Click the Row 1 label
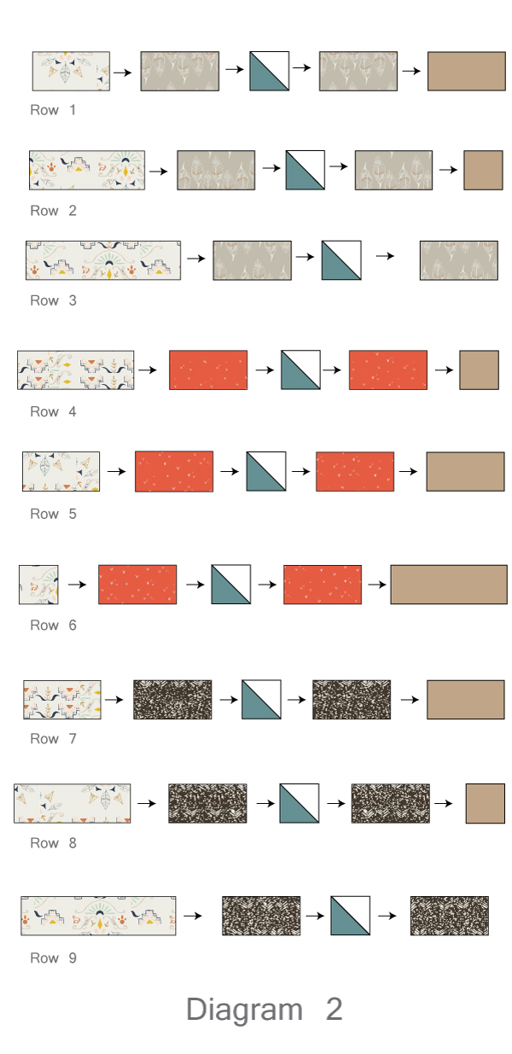53,110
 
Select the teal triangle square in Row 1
270,71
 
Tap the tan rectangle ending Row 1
466,71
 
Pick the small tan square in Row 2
483,170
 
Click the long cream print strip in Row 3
103,260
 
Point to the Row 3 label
53,300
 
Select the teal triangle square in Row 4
300,370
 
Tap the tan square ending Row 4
479,370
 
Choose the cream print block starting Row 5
61,471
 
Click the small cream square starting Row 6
38,585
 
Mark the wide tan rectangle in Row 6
449,585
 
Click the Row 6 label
53,626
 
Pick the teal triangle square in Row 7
262,699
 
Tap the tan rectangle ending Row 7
466,699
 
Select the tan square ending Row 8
485,803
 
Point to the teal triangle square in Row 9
350,916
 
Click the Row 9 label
53,958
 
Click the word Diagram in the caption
244,1010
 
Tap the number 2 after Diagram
334,1010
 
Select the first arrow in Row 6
78,585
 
